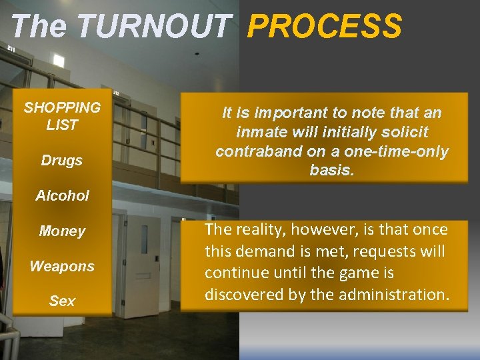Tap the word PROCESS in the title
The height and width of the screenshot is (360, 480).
click(325, 27)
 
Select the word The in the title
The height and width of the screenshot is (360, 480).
click(39, 27)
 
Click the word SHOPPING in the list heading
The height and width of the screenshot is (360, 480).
click(62, 107)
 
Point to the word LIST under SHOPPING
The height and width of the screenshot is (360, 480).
click(62, 125)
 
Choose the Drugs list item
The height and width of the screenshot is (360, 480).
click(62, 160)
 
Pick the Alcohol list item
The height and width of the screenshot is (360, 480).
click(62, 195)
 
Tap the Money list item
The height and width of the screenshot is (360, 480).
click(62, 231)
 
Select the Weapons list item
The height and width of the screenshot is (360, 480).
click(62, 266)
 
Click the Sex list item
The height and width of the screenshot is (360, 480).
click(62, 301)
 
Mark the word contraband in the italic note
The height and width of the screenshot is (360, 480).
click(257, 151)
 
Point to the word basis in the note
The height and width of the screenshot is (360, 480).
click(331, 170)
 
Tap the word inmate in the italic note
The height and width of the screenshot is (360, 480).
click(263, 132)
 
